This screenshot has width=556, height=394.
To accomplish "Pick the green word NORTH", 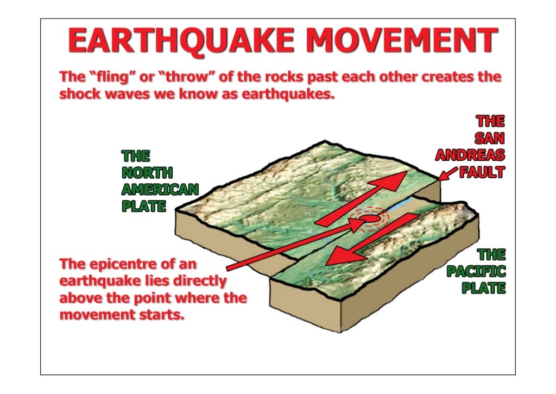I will (147, 173).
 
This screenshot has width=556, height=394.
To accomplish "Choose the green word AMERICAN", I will (160, 190).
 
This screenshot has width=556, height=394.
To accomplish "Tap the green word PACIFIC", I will (476, 271).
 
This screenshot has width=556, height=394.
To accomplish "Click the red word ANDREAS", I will (470, 155).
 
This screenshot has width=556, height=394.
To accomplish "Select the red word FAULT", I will (482, 172).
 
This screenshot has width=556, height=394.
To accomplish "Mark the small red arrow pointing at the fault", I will (448, 174).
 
